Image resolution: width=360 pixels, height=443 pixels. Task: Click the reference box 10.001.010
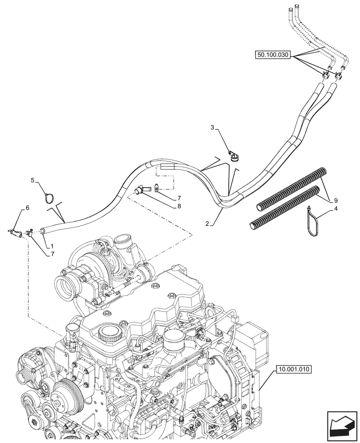(293, 369)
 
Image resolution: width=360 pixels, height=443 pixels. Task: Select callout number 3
(212, 128)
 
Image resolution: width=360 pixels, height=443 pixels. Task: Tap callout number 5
(32, 180)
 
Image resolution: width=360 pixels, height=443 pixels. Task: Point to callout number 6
(27, 208)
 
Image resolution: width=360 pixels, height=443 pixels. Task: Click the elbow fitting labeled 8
(139, 190)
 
